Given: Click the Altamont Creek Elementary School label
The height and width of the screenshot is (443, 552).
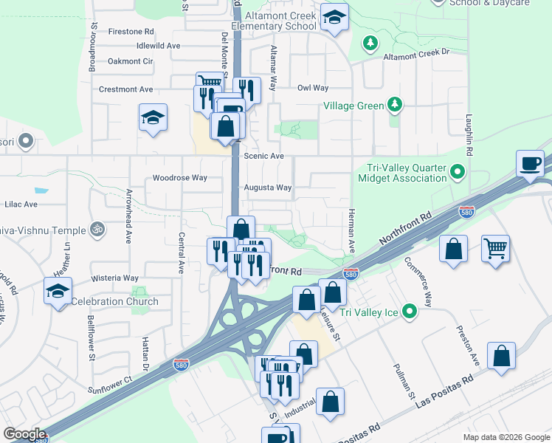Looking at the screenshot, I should (x=273, y=20).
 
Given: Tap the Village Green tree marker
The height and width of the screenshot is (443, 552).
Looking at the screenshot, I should (x=396, y=105).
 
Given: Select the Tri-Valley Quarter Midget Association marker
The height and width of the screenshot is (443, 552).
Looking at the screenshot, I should (x=458, y=173).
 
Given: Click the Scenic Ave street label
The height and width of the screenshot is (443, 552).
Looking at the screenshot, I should (x=263, y=157).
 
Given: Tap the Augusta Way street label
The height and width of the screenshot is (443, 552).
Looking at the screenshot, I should (x=267, y=188).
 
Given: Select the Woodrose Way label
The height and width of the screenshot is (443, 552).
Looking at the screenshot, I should (x=179, y=178).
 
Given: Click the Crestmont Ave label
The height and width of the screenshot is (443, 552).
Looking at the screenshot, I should (x=125, y=89).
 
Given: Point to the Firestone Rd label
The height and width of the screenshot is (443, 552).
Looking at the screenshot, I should (x=131, y=32).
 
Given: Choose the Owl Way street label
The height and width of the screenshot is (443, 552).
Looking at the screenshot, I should (x=312, y=88).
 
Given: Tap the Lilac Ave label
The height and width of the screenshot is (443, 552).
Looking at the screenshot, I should (x=20, y=204).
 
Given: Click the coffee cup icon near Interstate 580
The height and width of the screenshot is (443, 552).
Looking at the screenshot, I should (x=531, y=164).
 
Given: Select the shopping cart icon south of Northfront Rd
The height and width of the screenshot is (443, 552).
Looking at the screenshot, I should (x=495, y=248).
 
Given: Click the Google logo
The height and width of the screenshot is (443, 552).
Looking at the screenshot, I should (x=25, y=434).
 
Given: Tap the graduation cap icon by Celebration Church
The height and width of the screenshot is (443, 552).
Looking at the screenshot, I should (x=58, y=291).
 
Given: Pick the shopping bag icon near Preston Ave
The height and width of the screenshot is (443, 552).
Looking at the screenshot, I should (x=502, y=357).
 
